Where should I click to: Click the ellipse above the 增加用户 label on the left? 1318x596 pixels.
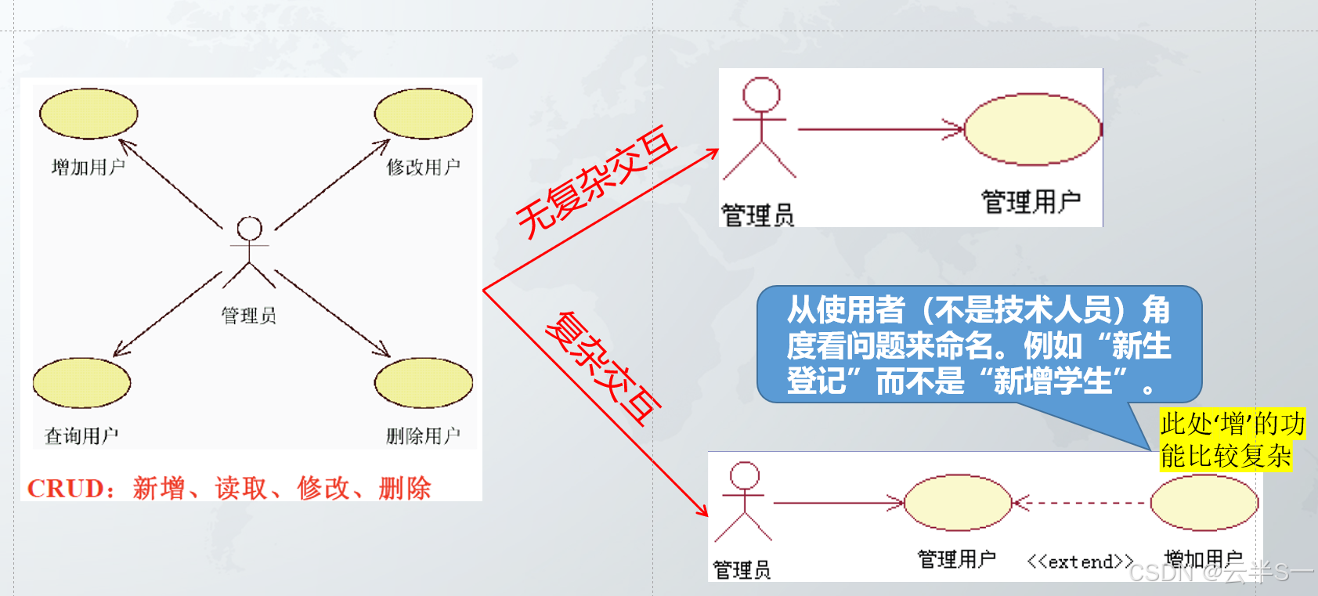pyautogui.click(x=88, y=114)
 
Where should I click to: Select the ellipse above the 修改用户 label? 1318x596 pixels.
pyautogui.click(x=423, y=114)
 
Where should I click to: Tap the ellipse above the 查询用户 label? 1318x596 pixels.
pyautogui.click(x=81, y=383)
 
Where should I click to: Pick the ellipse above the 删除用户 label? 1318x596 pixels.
pyautogui.click(x=423, y=384)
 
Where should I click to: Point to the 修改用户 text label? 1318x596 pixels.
pyautogui.click(x=423, y=167)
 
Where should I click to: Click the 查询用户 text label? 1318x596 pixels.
pyautogui.click(x=81, y=435)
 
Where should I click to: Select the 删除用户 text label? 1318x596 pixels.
pyautogui.click(x=423, y=435)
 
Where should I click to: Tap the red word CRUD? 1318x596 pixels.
pyautogui.click(x=66, y=489)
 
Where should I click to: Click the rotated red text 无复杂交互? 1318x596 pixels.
pyautogui.click(x=595, y=182)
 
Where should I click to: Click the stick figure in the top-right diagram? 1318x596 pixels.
pyautogui.click(x=760, y=128)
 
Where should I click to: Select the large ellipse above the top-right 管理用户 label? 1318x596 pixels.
pyautogui.click(x=1032, y=129)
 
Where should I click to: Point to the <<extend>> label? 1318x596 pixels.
pyautogui.click(x=1080, y=562)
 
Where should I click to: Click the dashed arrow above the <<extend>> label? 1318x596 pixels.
pyautogui.click(x=1081, y=503)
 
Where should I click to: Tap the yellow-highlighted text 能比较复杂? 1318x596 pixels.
pyautogui.click(x=1226, y=456)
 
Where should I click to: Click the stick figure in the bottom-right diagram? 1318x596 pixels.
pyautogui.click(x=743, y=501)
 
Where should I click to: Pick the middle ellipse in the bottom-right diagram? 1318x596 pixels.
pyautogui.click(x=957, y=503)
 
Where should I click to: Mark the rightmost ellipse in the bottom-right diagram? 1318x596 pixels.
pyautogui.click(x=1204, y=503)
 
